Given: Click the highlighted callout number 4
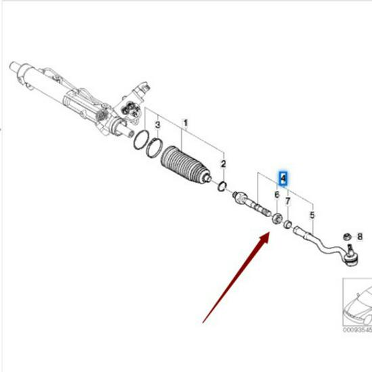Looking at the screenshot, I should [283, 179].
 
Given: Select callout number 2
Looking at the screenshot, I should [224, 164].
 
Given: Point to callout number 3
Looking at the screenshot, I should [157, 126].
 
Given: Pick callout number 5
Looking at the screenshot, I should [312, 216].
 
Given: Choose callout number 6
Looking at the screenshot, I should [276, 195].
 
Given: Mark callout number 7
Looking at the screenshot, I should [288, 201].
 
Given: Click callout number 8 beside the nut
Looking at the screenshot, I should [359, 237].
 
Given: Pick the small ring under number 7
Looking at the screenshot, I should [288, 224].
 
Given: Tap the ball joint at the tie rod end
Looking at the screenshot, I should [350, 256].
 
